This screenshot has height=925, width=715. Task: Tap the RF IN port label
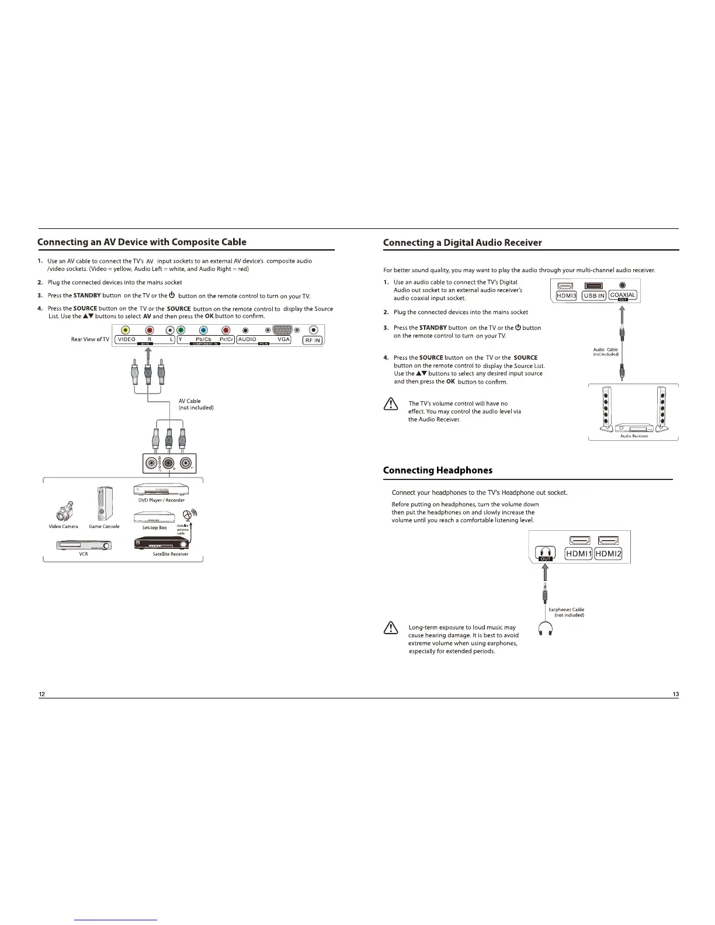point(313,340)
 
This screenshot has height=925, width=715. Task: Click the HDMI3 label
point(566,295)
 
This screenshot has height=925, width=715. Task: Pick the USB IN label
point(593,295)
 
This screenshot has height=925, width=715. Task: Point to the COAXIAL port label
point(622,295)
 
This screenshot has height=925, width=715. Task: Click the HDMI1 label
point(578,554)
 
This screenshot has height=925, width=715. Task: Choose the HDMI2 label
point(608,554)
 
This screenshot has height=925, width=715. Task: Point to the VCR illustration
point(83,545)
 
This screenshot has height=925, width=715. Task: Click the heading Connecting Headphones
point(438,470)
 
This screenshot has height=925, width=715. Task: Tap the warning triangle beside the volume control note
point(390,404)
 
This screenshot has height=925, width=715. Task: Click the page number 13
point(675,694)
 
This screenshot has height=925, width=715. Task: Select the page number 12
point(41,694)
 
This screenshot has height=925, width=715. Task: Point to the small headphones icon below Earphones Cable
point(546,628)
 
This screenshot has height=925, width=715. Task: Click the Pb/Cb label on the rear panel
point(203,339)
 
